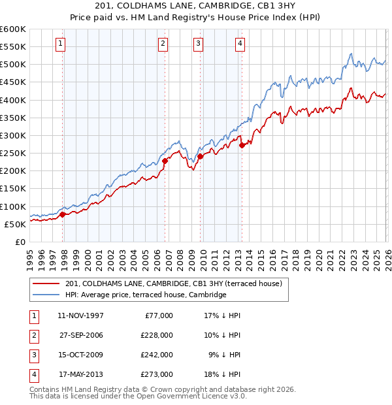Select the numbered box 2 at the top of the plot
(162, 44)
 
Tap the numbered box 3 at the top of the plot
(197, 44)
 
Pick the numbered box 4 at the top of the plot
(240, 44)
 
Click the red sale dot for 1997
(63, 214)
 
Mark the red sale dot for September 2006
(165, 161)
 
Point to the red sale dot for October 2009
(200, 156)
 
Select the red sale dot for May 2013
(242, 145)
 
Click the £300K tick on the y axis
(13, 136)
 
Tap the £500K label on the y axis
(13, 65)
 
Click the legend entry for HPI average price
(145, 295)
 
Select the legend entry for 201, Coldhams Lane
(173, 283)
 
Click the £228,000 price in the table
(157, 335)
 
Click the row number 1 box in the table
(32, 316)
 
